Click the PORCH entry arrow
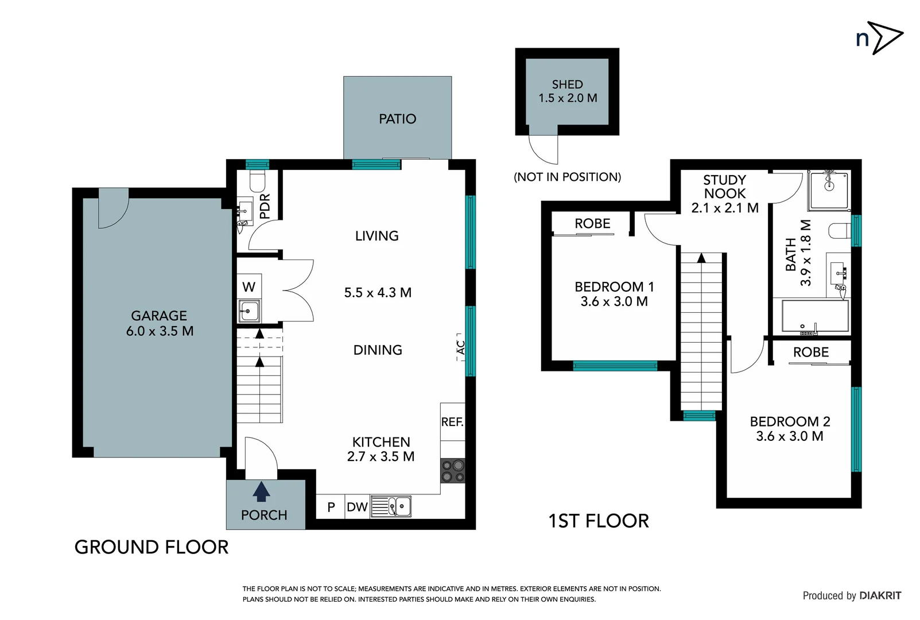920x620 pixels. [x=262, y=492]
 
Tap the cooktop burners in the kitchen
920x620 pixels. [x=453, y=471]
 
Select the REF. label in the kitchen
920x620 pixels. [x=452, y=422]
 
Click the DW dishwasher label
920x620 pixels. [x=357, y=507]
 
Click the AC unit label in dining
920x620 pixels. [x=460, y=347]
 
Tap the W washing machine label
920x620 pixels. [x=249, y=286]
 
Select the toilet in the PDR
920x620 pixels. [x=258, y=181]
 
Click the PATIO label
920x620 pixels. [x=397, y=119]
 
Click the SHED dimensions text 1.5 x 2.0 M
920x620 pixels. [x=568, y=98]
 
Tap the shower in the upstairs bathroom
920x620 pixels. [x=829, y=189]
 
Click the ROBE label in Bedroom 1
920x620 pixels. [x=592, y=223]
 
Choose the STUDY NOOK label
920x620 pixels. [x=724, y=187]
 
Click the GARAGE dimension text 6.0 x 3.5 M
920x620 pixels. [x=160, y=331]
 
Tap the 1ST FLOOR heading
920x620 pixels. [x=598, y=521]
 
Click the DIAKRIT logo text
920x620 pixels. [x=880, y=595]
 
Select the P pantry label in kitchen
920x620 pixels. [x=331, y=507]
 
